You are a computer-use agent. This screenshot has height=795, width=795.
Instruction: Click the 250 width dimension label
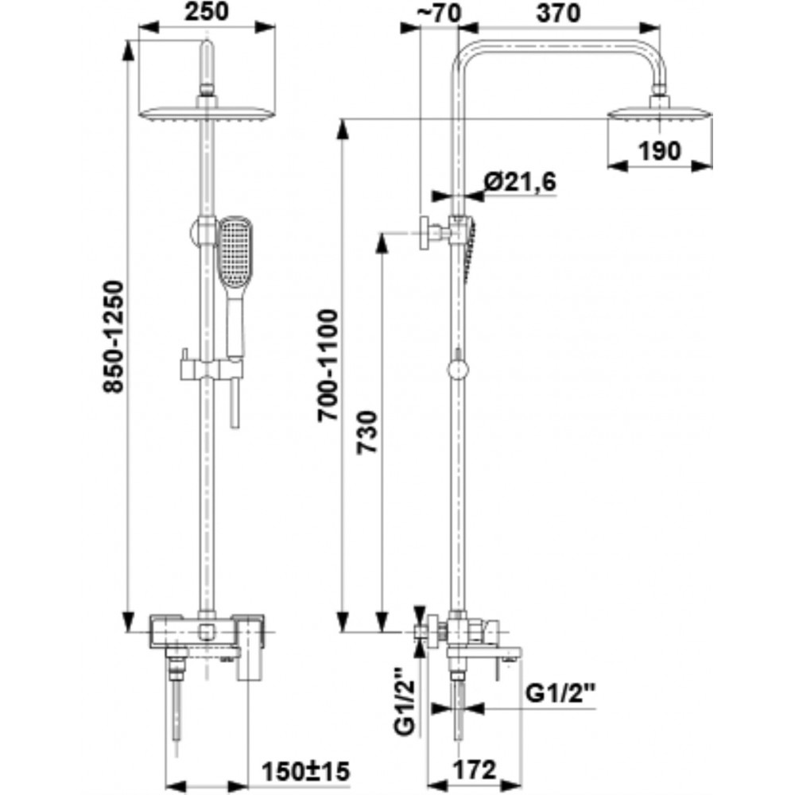tap(207, 12)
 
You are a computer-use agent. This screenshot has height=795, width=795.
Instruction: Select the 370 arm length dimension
tap(559, 14)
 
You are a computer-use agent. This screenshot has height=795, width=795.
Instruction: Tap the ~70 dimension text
tap(439, 14)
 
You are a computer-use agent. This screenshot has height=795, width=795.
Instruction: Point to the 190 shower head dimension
tap(659, 150)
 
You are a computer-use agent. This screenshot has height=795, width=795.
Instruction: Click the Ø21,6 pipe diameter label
tap(520, 181)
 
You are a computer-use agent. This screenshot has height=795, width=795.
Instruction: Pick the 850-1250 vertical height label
tap(114, 337)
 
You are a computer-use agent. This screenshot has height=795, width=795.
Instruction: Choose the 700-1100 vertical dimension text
tap(328, 366)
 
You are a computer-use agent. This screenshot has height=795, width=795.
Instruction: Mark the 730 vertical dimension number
tap(367, 432)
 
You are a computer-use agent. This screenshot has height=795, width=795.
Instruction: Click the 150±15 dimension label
tap(306, 772)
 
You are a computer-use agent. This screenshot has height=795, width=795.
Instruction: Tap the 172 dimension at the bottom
tap(474, 770)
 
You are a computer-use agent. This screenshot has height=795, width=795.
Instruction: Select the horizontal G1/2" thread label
tap(560, 692)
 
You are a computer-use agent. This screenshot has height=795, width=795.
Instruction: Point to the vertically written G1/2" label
tap(405, 700)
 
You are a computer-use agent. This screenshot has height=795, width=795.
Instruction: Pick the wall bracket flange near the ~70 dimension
tap(424, 233)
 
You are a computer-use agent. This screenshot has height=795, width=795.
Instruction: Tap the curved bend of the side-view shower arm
tap(465, 52)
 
